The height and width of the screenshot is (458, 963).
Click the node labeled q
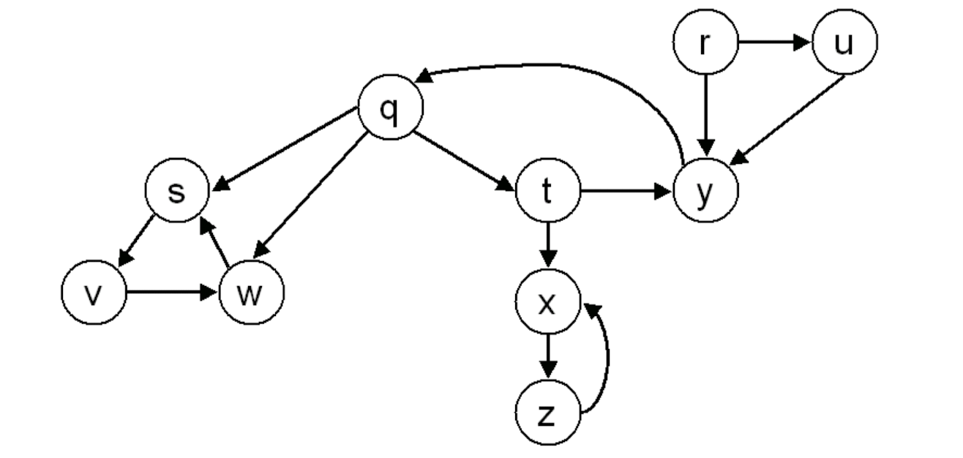click(x=391, y=112)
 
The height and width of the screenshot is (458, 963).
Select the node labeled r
click(x=705, y=43)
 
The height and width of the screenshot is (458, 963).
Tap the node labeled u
click(x=844, y=43)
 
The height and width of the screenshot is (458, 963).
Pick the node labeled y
click(x=705, y=192)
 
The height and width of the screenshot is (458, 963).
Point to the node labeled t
click(x=547, y=192)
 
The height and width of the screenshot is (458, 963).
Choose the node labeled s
click(x=177, y=192)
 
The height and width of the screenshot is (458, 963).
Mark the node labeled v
click(x=93, y=294)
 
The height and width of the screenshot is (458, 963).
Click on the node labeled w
click(x=250, y=294)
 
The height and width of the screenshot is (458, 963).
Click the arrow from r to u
click(x=774, y=43)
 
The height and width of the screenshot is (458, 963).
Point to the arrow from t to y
click(x=626, y=192)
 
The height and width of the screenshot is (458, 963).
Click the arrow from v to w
click(x=171, y=294)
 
